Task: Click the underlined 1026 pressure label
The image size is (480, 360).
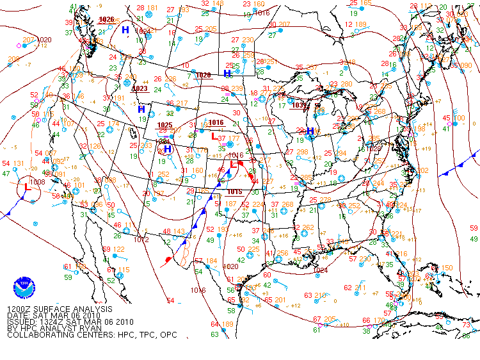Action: [x=107, y=20]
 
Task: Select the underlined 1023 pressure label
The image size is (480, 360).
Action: [x=140, y=88]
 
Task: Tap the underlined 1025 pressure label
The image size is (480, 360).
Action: [x=164, y=125]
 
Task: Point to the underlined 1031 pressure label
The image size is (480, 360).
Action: [x=298, y=105]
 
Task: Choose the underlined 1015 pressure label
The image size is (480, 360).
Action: [x=234, y=192]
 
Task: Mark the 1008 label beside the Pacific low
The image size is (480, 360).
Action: [x=36, y=183]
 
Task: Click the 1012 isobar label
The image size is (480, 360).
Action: [x=142, y=240]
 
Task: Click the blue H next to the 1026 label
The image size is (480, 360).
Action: [x=125, y=30]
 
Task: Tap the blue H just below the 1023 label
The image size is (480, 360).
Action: [x=141, y=110]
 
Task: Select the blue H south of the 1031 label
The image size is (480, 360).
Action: [x=310, y=131]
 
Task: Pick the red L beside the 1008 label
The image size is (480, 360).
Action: [x=27, y=187]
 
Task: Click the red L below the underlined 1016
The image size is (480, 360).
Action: [x=214, y=136]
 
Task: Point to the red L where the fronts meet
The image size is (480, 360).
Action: [x=234, y=165]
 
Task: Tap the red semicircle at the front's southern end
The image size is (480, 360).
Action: [x=169, y=260]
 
